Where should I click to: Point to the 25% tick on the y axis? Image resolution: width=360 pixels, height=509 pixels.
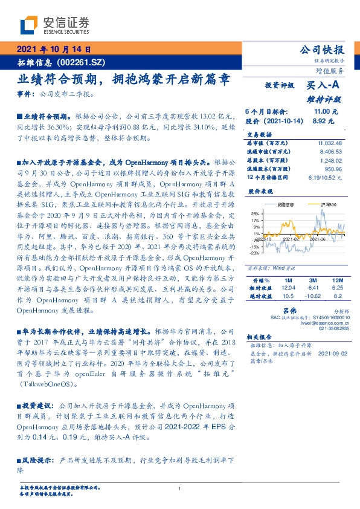click(256, 214)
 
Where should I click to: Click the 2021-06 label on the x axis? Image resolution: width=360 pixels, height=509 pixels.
click(318, 239)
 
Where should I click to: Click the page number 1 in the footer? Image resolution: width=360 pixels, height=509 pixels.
click(180, 489)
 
